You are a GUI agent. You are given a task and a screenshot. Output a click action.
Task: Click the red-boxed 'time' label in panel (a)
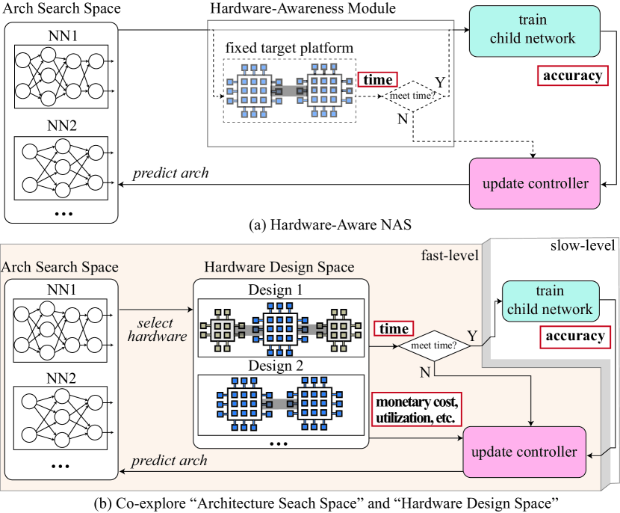(x=377, y=79)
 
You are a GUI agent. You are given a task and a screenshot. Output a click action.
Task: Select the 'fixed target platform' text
(x=289, y=49)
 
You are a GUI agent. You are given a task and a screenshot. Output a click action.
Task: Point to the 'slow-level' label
(x=582, y=246)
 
